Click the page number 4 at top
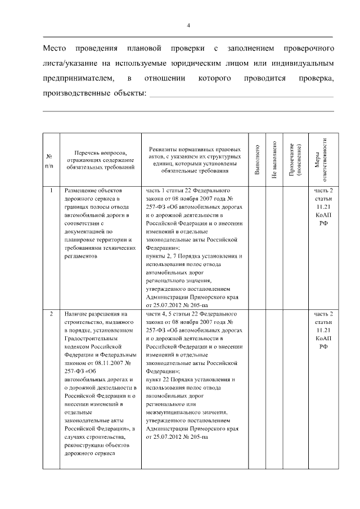pyautogui.click(x=188, y=25)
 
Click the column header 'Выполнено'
pyautogui.click(x=257, y=159)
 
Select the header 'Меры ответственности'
pyautogui.click(x=321, y=159)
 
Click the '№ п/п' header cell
pyautogui.click(x=51, y=160)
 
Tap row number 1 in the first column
pyautogui.click(x=51, y=191)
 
